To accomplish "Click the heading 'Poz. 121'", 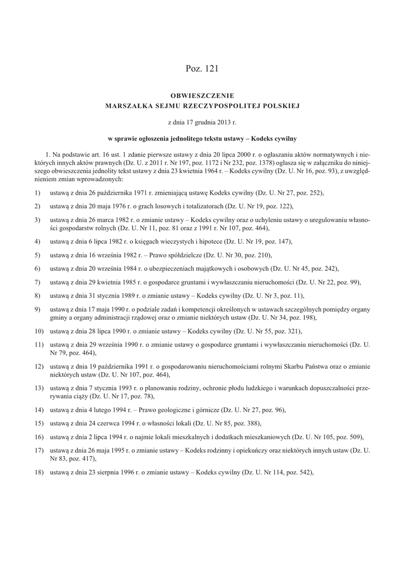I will click(x=202, y=69).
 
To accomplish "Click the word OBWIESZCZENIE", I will click(x=202, y=96).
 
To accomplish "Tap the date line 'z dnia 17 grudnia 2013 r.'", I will click(x=202, y=121).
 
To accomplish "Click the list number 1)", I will click(x=37, y=192).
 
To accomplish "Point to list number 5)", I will click(x=37, y=255).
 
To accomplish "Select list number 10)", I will click(x=38, y=331).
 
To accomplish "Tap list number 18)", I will click(x=38, y=472).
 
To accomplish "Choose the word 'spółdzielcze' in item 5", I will click(x=175, y=255).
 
